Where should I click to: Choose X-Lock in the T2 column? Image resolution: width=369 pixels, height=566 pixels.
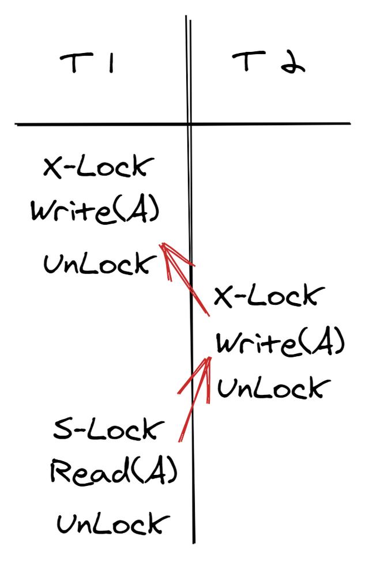[265, 297]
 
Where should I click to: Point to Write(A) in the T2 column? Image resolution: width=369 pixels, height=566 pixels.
[280, 344]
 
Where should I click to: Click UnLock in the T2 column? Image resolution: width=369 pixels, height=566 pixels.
[270, 388]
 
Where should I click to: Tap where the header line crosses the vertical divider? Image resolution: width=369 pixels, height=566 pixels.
[189, 124]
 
